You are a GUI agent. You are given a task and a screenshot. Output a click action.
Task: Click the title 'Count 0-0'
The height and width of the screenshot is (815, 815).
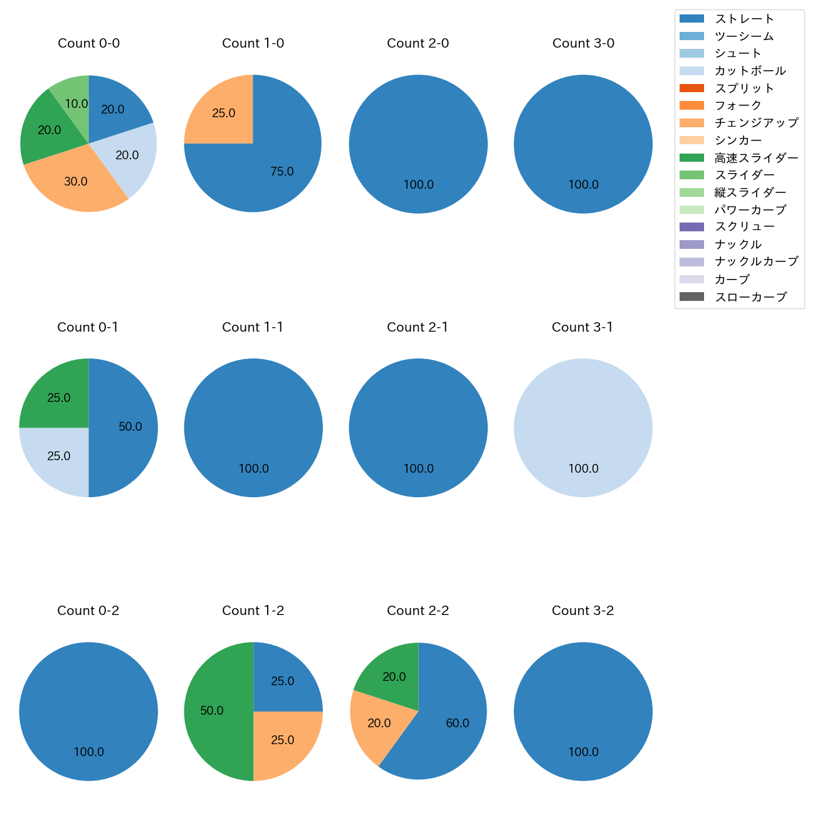point(88,43)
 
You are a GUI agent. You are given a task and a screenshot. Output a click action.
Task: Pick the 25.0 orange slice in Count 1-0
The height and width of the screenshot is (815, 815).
point(223,113)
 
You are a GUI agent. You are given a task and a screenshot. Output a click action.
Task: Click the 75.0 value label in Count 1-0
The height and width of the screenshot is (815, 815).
point(282,172)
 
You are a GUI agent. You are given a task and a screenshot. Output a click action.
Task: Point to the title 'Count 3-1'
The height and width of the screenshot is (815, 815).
point(582,327)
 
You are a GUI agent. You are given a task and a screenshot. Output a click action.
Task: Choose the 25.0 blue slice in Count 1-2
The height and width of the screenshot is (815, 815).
point(282,680)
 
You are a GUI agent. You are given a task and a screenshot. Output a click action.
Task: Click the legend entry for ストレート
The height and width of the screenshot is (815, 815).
point(744,19)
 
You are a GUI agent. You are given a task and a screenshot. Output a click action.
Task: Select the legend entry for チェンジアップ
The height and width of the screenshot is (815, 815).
point(756,123)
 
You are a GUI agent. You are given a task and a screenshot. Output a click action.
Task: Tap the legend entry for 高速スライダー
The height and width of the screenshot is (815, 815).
point(756,158)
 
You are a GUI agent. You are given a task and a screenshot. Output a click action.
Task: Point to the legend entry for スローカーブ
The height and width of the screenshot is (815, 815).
point(750,297)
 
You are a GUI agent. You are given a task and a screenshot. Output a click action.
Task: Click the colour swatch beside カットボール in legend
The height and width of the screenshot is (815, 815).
point(691,71)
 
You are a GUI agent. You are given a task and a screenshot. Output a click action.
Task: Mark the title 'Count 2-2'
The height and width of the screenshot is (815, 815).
point(418,611)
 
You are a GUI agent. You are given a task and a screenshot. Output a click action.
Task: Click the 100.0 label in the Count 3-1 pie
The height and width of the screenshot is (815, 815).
point(583,468)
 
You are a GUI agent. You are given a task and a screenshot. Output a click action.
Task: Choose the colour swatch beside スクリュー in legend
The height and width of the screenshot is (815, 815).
point(691,227)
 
